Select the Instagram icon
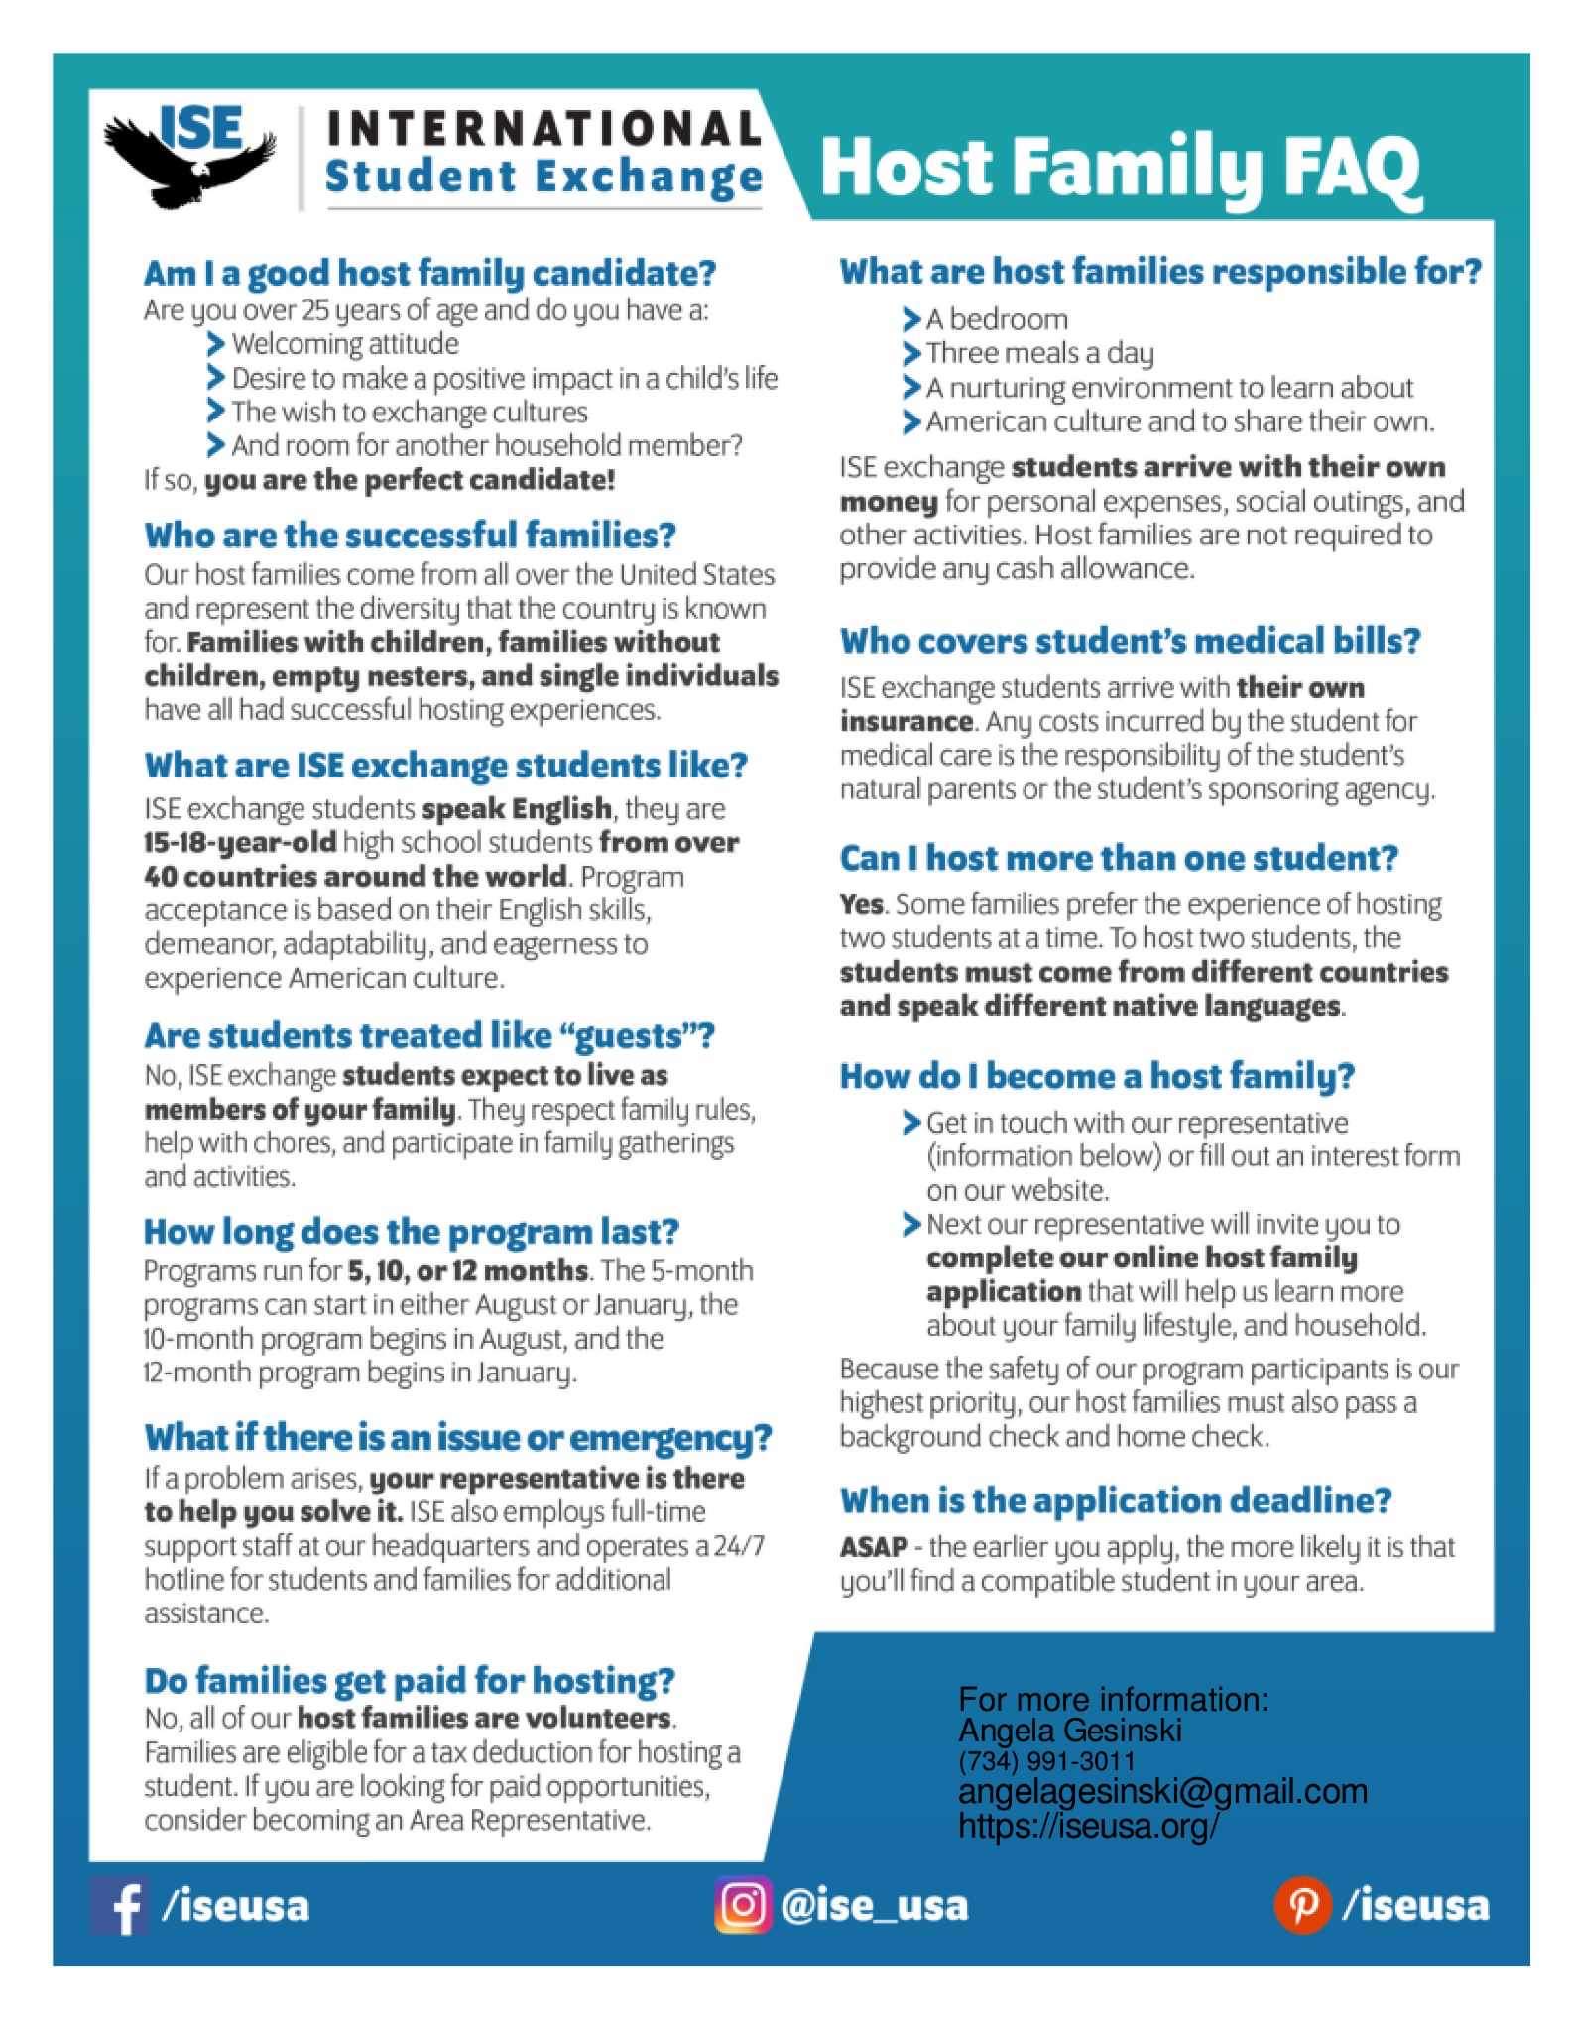(x=743, y=1905)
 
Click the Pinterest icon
(x=1301, y=1905)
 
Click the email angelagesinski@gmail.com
(x=1162, y=1791)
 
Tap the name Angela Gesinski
(x=1069, y=1731)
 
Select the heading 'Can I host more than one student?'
(x=1118, y=858)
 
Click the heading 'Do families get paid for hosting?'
(x=409, y=1680)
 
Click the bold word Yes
(x=861, y=904)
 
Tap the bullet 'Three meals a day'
(x=1039, y=353)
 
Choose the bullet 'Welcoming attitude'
(x=344, y=344)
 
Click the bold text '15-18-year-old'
(x=240, y=843)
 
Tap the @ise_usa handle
(x=874, y=1906)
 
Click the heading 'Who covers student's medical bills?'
(x=1130, y=641)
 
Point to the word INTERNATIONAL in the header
(x=543, y=128)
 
